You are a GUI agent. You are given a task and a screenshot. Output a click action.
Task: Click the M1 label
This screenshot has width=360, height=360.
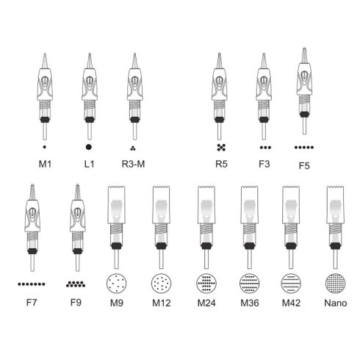click(x=45, y=164)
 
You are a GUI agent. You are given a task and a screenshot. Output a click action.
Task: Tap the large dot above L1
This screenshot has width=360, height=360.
click(x=89, y=147)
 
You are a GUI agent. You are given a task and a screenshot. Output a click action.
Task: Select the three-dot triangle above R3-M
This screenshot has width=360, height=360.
click(x=133, y=148)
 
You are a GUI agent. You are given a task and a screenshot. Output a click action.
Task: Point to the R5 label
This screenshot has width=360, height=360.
click(x=221, y=164)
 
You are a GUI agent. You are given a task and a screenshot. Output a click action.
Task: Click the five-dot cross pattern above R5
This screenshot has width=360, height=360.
click(x=221, y=148)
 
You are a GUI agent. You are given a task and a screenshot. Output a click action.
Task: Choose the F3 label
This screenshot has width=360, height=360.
click(x=264, y=164)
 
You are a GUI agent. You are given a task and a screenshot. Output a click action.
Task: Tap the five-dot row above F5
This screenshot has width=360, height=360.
click(x=304, y=147)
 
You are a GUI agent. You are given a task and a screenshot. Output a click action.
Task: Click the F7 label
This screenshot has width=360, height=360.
click(x=32, y=303)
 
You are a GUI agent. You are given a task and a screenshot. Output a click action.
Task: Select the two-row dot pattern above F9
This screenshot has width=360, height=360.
click(x=76, y=284)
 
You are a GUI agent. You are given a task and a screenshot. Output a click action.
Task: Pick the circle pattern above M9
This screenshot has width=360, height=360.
click(x=117, y=283)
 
